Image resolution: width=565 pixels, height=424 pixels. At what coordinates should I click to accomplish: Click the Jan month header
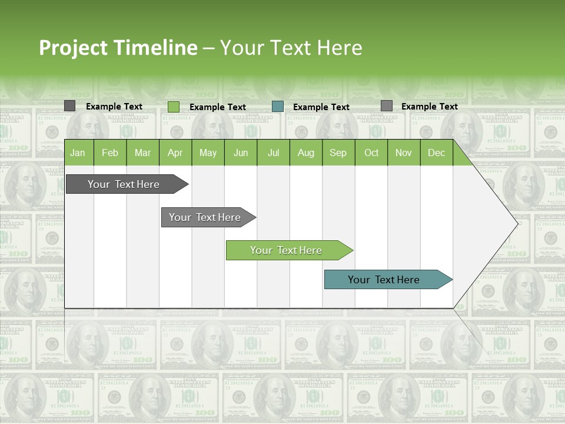coord(78,153)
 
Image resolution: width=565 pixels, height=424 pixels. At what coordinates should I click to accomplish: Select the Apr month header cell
coord(175,153)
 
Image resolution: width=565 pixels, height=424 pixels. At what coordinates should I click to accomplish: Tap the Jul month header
coord(273,153)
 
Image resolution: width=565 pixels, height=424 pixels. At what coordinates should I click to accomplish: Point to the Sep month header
coord(338,153)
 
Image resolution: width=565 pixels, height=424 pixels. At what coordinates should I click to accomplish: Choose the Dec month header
coord(436,153)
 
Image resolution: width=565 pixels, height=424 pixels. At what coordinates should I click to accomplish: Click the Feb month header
coord(110,153)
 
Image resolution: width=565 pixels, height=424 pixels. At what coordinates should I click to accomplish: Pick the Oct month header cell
coord(371,153)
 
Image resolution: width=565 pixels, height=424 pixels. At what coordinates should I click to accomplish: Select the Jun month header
coord(241,153)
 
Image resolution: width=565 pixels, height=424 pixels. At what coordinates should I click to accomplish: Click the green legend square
coord(174,107)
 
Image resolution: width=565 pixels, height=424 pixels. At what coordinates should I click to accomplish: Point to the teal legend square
coord(278,107)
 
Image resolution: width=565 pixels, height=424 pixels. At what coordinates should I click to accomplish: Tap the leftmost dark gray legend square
coord(69,106)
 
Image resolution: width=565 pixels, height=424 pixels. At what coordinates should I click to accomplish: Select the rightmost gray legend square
coord(386,106)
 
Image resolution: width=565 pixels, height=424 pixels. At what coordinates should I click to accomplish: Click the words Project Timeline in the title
coord(118,48)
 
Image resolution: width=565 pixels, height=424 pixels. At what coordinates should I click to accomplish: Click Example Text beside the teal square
coord(321,107)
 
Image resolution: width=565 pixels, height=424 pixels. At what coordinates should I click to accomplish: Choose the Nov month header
coord(404,153)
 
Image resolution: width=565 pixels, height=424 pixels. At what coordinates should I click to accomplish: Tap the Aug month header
coord(306,153)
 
